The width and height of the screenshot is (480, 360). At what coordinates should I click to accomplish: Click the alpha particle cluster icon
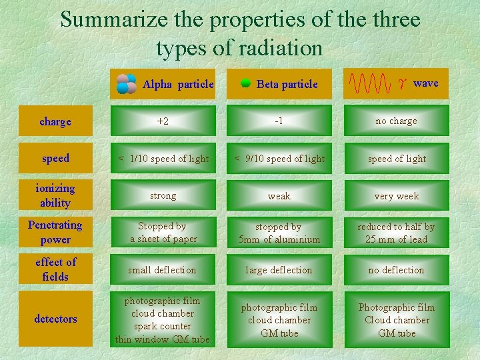pos(126,84)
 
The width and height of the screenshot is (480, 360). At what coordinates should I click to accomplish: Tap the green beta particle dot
pos(245,83)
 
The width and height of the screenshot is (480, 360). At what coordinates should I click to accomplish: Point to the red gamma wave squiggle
pos(370,84)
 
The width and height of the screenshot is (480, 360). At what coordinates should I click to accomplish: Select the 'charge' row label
pos(55,121)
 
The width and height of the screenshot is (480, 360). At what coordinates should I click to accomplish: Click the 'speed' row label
pos(55,159)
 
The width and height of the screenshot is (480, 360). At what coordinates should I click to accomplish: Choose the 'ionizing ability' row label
pos(55,196)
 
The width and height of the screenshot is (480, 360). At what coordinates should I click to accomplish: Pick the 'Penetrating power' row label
pos(55,233)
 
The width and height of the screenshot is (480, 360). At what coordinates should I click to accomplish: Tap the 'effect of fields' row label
pos(55,269)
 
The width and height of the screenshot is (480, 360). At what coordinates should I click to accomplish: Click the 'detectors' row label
pos(55,319)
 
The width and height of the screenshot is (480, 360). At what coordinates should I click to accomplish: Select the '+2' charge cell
pos(163,121)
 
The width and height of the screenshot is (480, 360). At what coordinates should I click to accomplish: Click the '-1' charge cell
pos(279,121)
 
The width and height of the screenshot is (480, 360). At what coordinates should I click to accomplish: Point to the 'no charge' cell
pos(397,121)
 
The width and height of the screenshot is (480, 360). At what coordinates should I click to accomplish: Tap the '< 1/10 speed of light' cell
pos(163,159)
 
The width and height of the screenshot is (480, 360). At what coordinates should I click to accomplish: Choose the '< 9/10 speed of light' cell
pos(279,159)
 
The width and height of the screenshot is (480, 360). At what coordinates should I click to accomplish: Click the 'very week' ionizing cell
pos(397,196)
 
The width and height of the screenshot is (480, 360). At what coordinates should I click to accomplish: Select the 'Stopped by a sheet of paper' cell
pos(163,233)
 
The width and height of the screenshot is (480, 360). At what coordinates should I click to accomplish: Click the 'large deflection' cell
pos(279,270)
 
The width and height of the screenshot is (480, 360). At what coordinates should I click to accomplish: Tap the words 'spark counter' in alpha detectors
pos(162,326)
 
